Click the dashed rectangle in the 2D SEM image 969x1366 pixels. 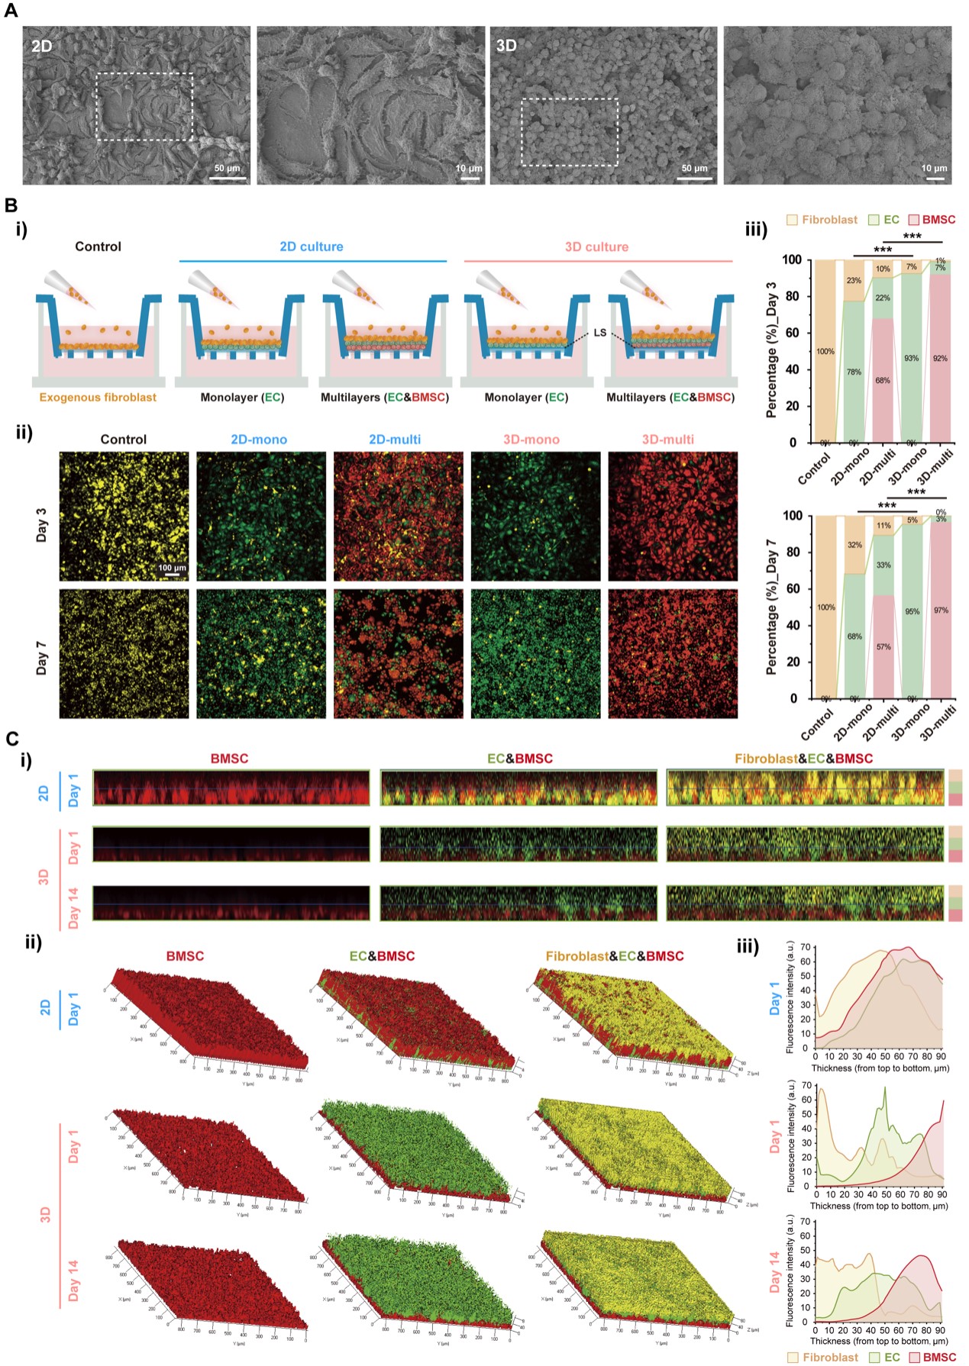144,107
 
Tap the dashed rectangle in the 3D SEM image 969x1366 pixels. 570,132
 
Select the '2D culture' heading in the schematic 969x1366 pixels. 312,246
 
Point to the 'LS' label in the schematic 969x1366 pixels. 600,333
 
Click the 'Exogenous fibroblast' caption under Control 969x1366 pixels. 98,398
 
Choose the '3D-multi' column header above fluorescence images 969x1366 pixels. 668,440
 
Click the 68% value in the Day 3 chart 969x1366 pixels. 883,380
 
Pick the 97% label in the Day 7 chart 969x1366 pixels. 941,611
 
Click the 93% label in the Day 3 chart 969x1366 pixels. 912,358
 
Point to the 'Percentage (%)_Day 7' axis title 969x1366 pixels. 771,607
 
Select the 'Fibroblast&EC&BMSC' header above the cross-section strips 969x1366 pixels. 803,759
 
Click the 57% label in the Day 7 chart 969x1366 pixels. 883,646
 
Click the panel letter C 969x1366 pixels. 11,739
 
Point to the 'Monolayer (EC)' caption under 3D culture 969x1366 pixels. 526,398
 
